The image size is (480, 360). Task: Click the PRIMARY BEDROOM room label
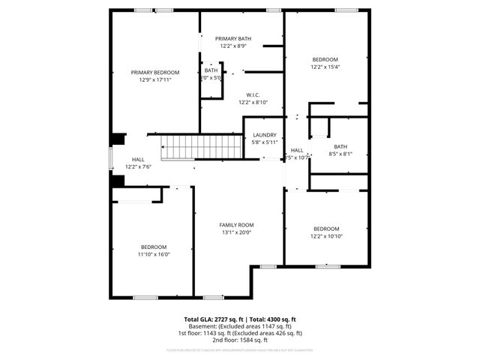155,73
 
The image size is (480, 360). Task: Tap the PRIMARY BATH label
233,39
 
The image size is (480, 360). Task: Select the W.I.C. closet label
253,95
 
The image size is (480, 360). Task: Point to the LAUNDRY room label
265,135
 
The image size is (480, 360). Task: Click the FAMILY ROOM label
236,225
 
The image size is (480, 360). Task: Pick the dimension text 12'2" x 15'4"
325,67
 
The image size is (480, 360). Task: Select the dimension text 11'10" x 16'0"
154,254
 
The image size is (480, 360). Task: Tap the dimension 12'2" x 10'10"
326,236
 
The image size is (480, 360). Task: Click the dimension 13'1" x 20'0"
236,232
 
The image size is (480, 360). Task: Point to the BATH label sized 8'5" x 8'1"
340,147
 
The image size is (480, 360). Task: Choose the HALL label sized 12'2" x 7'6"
138,160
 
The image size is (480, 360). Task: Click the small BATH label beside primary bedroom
211,70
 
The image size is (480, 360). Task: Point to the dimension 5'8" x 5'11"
265,142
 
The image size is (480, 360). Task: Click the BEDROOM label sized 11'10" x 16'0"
154,247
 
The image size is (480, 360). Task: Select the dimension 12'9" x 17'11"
155,79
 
